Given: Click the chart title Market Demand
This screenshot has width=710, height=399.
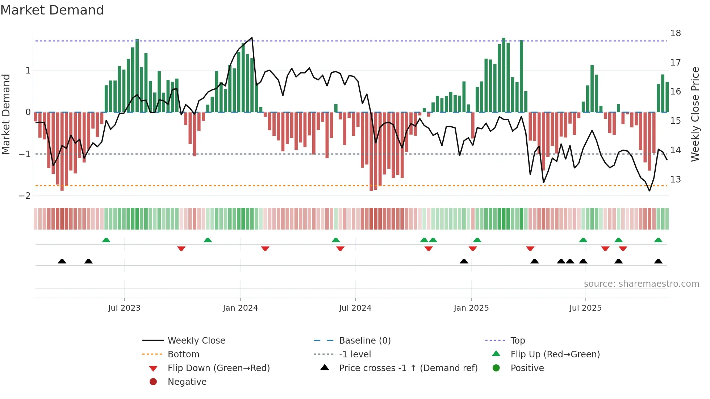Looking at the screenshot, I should (52, 10).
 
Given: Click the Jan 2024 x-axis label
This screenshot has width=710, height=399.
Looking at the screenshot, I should (240, 308).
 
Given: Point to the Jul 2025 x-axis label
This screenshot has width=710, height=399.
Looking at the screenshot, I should (585, 308).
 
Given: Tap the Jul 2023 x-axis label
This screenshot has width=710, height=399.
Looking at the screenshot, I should (124, 308).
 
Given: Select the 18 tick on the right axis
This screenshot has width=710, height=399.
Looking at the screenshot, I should (675, 33).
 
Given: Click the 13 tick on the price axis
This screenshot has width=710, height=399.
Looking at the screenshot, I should (675, 180).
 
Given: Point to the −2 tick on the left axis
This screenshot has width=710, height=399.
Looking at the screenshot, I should (25, 196).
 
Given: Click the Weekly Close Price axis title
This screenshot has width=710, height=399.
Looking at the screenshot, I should (695, 114).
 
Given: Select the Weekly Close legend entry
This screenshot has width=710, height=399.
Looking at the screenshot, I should (196, 341).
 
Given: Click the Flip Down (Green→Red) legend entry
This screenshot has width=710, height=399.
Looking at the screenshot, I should (218, 368).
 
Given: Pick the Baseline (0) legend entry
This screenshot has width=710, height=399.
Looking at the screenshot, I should (364, 341).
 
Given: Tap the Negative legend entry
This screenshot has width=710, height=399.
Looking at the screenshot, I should (187, 382).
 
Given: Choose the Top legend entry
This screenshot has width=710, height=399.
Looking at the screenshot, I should (517, 341).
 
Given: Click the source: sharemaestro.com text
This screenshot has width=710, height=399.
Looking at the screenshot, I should (641, 284).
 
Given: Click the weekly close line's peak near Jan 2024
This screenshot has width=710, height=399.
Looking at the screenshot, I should (252, 38).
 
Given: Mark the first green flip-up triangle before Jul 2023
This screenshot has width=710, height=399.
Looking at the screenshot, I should (106, 240).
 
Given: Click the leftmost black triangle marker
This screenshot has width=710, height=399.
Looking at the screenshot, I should (62, 261).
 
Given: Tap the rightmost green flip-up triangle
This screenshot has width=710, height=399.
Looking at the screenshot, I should (658, 240).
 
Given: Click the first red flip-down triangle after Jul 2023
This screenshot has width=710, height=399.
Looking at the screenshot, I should (181, 248).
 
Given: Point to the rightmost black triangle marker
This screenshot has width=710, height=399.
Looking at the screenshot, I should (658, 261).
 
